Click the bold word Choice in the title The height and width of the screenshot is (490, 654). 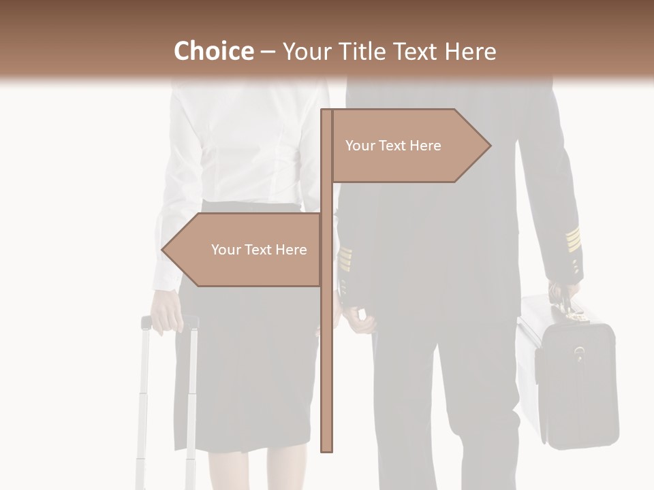[213, 52]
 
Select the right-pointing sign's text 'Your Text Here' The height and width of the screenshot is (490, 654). [393, 146]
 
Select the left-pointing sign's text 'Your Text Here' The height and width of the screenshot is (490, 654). [259, 250]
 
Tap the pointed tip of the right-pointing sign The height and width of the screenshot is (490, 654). [489, 146]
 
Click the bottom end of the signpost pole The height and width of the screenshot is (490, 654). [327, 449]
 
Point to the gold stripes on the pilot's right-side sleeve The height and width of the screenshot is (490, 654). [573, 239]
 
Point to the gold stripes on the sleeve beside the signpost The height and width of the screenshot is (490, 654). [346, 259]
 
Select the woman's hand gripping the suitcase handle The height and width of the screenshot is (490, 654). [167, 316]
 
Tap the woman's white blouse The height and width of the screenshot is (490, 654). [238, 150]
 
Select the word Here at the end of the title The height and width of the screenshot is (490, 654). [469, 52]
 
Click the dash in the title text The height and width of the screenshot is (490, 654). [268, 52]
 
